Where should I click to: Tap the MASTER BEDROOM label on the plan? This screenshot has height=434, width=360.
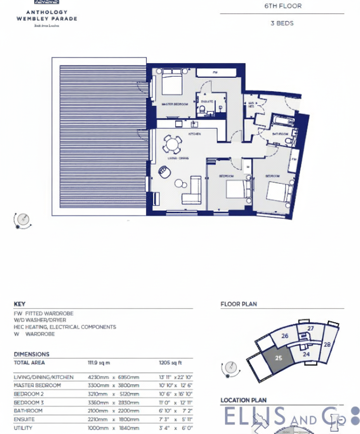click(x=175, y=104)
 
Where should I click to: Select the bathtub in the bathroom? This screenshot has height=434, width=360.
click(x=282, y=121)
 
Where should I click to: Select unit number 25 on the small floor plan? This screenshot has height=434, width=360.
click(x=279, y=358)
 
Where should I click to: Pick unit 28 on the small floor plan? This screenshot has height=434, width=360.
click(x=327, y=344)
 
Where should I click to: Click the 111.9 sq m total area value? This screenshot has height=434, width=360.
click(x=99, y=363)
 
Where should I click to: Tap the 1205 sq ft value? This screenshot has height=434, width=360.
click(x=170, y=363)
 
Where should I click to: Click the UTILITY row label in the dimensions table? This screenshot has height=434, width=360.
click(x=23, y=428)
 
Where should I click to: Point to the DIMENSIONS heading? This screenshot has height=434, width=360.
click(x=31, y=354)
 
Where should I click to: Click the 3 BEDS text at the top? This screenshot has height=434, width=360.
click(x=282, y=23)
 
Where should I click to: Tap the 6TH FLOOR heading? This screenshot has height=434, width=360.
click(x=282, y=6)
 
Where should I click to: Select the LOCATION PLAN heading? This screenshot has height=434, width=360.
click(x=243, y=400)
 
